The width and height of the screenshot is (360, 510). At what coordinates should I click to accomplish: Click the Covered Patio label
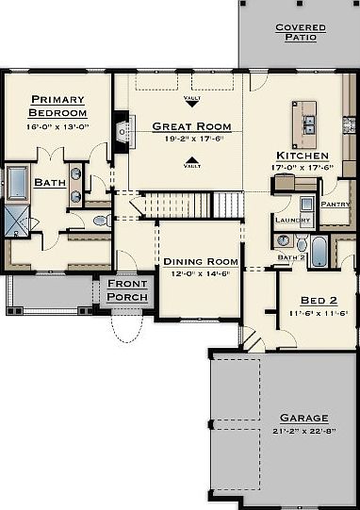click(302, 33)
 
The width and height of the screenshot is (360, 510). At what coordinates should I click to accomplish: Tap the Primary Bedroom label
click(57, 106)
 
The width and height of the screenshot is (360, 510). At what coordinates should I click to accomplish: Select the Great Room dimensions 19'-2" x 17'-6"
click(191, 138)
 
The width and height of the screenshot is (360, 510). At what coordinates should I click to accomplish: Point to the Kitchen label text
click(303, 156)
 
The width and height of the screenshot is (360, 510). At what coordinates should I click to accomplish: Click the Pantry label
click(335, 204)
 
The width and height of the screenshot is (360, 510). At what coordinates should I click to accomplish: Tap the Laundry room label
click(291, 220)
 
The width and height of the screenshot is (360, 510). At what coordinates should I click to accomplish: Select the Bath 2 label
click(291, 255)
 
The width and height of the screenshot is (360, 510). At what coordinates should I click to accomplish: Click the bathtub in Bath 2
click(319, 252)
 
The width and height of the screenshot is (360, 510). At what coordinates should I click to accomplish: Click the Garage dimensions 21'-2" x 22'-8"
click(303, 430)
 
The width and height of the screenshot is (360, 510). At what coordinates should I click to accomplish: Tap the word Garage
click(303, 417)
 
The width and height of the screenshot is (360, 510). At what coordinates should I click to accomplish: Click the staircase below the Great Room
click(188, 203)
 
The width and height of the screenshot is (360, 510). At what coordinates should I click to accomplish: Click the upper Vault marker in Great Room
click(191, 99)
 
